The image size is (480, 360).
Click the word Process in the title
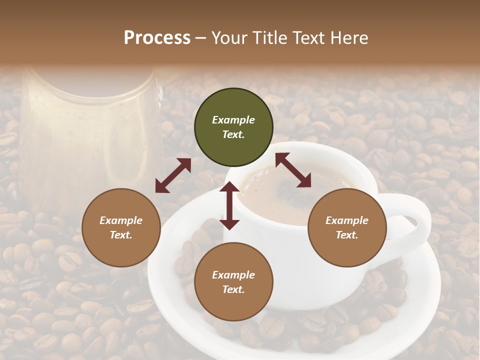point(157,38)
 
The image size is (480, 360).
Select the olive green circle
point(233,127)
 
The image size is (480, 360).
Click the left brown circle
point(121,227)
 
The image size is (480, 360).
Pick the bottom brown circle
point(233,282)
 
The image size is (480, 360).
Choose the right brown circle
point(347,227)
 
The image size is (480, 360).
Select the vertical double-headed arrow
point(229,205)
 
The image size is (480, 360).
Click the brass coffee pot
point(87,130)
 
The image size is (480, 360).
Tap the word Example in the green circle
point(233,120)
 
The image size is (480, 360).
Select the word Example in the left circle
point(121,220)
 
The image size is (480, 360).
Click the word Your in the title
point(228,38)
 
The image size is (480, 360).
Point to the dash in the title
point(200,38)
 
